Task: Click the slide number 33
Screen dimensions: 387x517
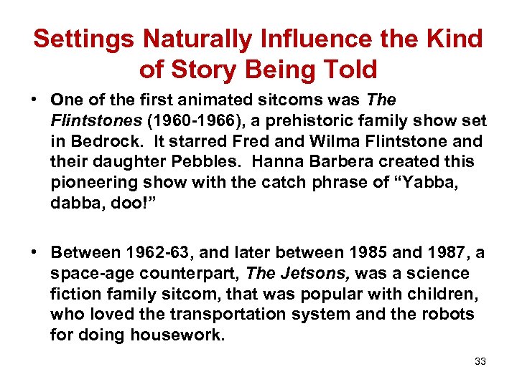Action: (480, 362)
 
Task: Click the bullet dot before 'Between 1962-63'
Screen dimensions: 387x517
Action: (35, 253)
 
